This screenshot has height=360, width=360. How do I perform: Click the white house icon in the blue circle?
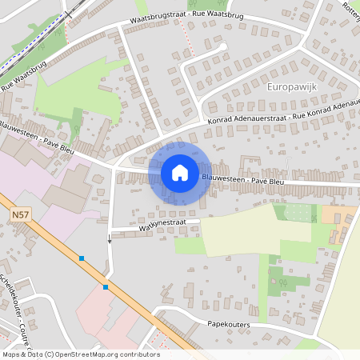(180, 172)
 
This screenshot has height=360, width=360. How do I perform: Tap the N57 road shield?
(21, 214)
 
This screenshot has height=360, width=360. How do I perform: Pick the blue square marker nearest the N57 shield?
(82, 258)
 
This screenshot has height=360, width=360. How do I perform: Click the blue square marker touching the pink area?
(106, 286)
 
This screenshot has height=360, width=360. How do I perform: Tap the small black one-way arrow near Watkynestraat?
(110, 239)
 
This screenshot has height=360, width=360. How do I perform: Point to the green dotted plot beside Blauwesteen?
(296, 213)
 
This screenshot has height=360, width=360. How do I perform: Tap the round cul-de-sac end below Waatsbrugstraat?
(221, 48)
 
